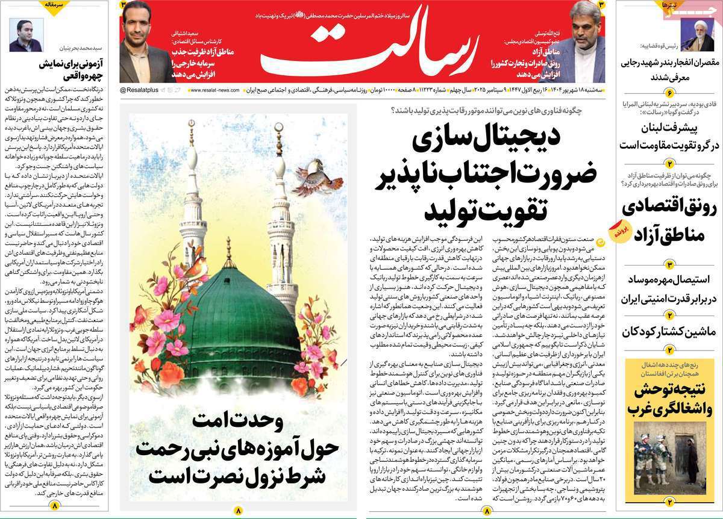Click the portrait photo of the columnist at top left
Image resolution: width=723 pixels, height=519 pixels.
click(27, 35)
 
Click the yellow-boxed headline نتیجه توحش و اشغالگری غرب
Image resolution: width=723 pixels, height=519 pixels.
click(669, 399)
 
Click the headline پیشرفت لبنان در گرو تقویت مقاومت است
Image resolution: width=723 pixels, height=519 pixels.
click(669, 137)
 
